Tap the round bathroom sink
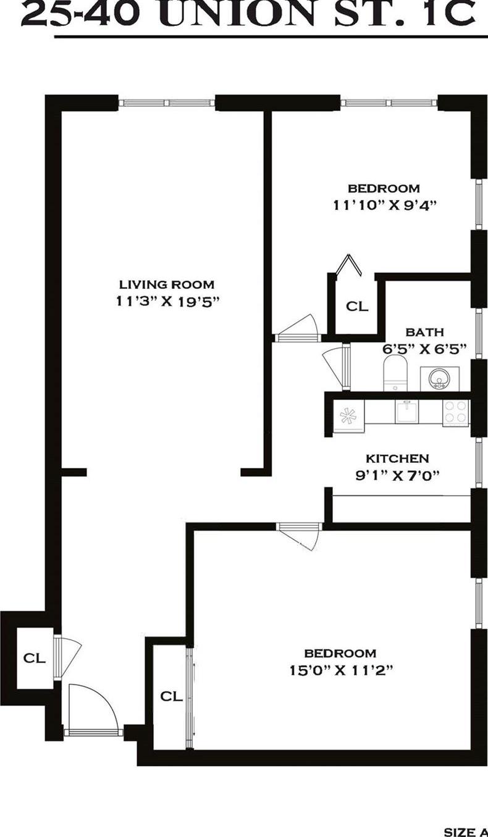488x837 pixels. tap(440, 377)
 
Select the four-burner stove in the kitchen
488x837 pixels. tap(456, 412)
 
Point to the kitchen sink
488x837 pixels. tap(407, 410)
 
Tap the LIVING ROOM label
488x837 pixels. tap(167, 285)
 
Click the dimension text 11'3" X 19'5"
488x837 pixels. tap(167, 301)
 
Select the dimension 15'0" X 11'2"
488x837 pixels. tap(340, 670)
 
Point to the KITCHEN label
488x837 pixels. tap(397, 459)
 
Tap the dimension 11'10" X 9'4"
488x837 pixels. tap(385, 206)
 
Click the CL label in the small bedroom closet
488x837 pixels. tap(356, 306)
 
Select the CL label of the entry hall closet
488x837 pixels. tap(34, 658)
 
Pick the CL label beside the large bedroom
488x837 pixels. tap(171, 696)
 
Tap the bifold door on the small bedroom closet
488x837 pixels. tap(348, 264)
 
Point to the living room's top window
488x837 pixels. tap(166, 102)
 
